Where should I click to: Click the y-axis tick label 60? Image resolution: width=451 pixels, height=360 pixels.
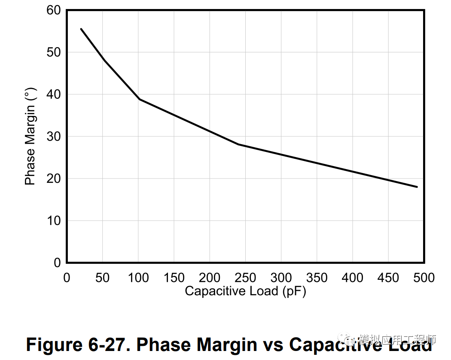54,10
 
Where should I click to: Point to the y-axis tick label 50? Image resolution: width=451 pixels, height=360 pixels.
54,52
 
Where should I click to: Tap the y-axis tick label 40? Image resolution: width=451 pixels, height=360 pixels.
54,94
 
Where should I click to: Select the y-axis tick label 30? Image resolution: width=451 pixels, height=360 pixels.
54,136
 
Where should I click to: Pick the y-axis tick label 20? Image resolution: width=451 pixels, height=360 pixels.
54,178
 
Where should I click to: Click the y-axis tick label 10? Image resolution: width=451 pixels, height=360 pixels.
54,221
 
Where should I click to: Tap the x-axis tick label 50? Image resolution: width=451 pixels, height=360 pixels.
102,278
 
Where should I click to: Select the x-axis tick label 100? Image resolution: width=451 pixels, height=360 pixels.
138,278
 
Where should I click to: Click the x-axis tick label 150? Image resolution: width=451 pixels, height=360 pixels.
174,278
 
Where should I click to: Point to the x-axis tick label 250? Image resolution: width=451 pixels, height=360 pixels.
245,278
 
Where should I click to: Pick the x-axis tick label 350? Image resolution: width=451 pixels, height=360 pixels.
317,278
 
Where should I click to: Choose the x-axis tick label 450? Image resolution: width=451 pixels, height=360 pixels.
388,278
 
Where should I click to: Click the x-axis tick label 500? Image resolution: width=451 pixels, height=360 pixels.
424,278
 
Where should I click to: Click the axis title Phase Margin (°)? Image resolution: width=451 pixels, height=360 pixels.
30,136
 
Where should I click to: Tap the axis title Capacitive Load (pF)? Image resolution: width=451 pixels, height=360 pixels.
245,291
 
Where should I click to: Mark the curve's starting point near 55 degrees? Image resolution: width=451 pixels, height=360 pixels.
81,29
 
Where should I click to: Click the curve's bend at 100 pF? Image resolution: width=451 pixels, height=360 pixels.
139,99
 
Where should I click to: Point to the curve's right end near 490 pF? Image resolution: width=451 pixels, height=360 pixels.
417,187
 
